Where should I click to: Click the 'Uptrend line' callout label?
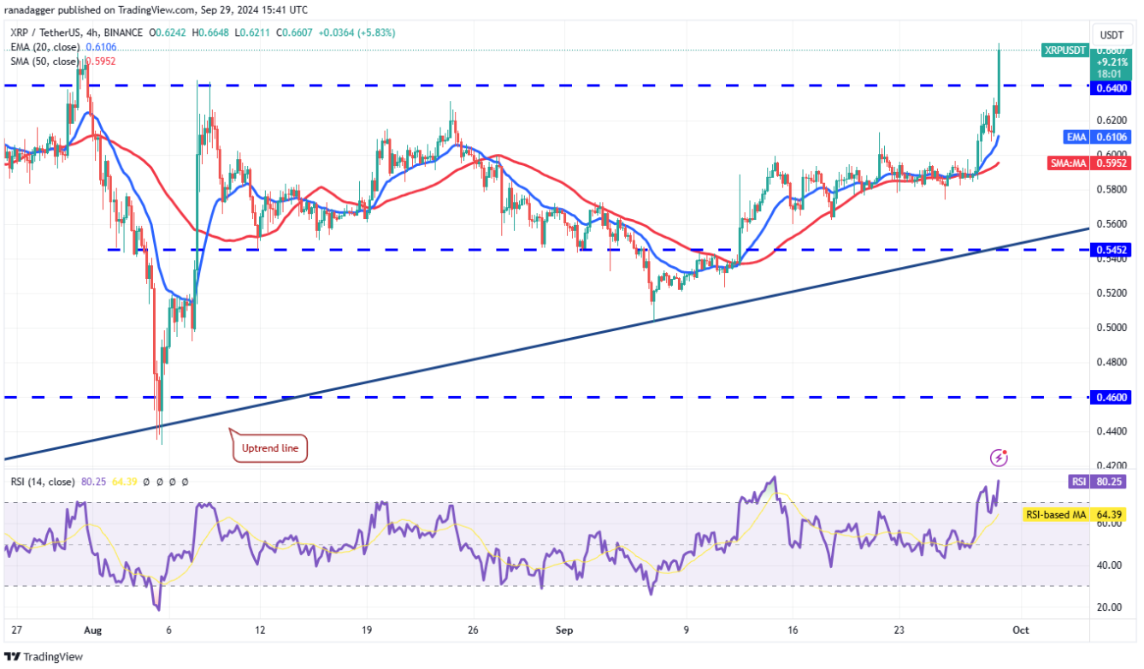269,447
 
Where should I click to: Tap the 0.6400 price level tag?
1112,87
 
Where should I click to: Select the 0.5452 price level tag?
1112,249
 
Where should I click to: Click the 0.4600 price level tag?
1112,398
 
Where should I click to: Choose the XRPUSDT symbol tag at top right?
1064,50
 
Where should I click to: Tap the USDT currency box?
1112,35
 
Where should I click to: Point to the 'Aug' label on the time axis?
92,630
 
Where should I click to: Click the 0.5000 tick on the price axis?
1112,328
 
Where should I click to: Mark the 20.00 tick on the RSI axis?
1110,607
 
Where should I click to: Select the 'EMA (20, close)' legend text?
46,47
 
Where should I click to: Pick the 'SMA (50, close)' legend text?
46,62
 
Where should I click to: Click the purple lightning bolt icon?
998,458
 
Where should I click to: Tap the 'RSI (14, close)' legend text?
43,483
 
